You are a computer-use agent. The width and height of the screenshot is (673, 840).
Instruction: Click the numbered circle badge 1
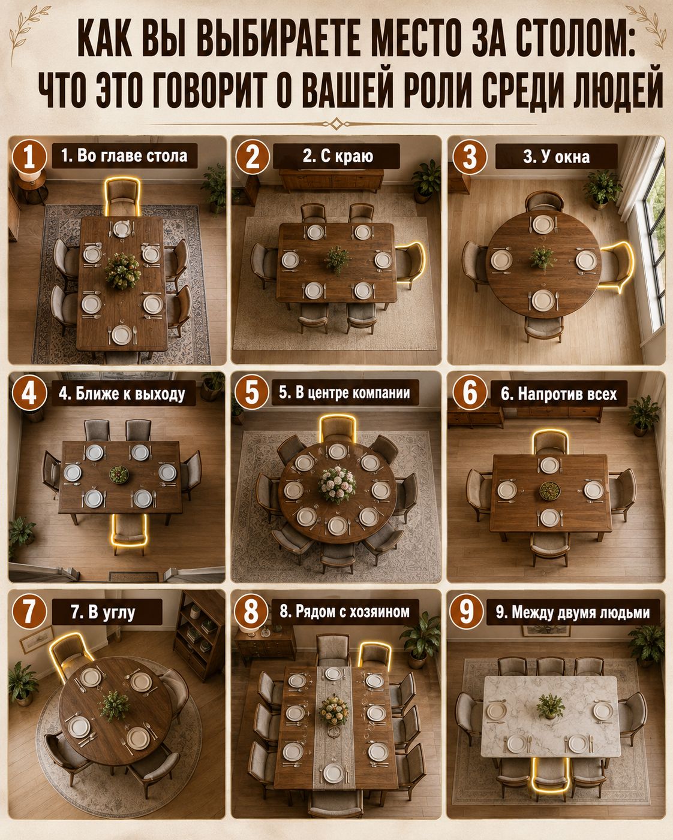[29, 157]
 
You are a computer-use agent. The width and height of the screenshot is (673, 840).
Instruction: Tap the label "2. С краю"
[338, 156]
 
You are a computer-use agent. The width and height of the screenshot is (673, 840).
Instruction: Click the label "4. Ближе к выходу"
[122, 394]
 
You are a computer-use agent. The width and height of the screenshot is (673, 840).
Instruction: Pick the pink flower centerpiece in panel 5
[337, 484]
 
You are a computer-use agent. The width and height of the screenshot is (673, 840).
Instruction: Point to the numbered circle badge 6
[469, 393]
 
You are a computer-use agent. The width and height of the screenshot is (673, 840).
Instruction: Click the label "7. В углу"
[103, 611]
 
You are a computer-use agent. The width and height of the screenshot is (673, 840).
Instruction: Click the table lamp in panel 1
[29, 176]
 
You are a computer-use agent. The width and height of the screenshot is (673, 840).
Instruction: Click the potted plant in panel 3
[602, 190]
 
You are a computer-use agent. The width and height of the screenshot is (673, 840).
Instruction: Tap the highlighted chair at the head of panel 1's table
[122, 197]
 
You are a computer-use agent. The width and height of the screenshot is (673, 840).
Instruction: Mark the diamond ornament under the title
[336, 124]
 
